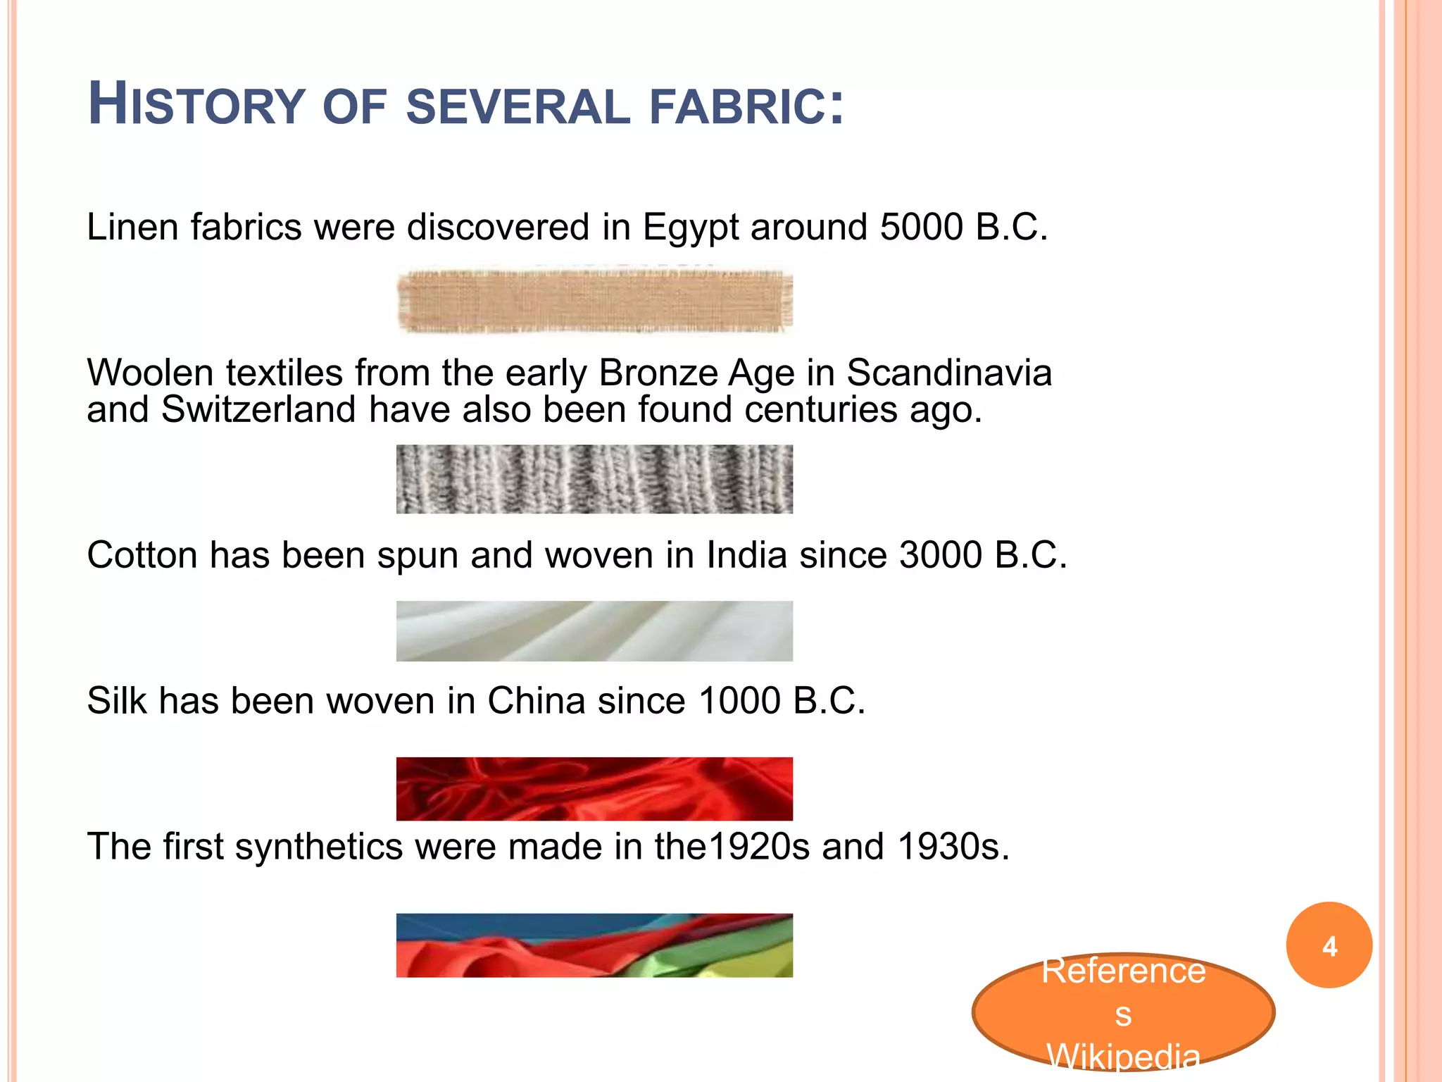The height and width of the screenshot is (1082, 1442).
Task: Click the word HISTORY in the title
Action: tap(196, 106)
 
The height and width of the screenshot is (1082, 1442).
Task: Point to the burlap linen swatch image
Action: tap(594, 301)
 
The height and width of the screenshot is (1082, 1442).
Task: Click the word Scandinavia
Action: tap(948, 373)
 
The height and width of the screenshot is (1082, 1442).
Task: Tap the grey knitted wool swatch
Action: tap(594, 479)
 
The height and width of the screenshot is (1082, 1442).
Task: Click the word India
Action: tap(746, 555)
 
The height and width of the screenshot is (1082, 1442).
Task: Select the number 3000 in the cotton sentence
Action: tap(941, 555)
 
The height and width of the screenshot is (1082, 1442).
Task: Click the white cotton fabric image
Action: tap(594, 631)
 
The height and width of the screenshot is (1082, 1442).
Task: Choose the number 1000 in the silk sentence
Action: tap(739, 701)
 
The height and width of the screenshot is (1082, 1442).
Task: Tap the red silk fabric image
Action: tap(594, 789)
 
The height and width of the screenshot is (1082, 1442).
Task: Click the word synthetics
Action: tap(318, 847)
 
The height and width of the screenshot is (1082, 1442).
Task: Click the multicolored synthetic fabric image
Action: tap(594, 945)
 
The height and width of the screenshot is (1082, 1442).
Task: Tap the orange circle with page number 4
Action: tap(1329, 945)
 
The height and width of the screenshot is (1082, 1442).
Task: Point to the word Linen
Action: tap(132, 228)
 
